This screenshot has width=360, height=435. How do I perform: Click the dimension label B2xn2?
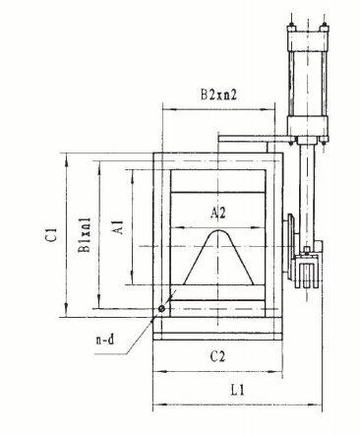coord(218,94)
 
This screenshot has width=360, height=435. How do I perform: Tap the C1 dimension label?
coord(51,234)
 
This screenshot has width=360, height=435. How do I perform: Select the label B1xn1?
coord(85,235)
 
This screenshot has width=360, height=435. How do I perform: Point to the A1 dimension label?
coord(118,227)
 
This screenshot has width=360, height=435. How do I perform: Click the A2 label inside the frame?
coord(218,213)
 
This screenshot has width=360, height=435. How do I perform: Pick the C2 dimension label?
coord(218,356)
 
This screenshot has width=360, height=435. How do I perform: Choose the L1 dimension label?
coord(237,390)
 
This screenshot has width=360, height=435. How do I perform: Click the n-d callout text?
coord(105,340)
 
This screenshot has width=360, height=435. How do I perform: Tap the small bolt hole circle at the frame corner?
coord(161,308)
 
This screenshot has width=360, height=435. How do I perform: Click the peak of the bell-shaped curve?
coord(218,230)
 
